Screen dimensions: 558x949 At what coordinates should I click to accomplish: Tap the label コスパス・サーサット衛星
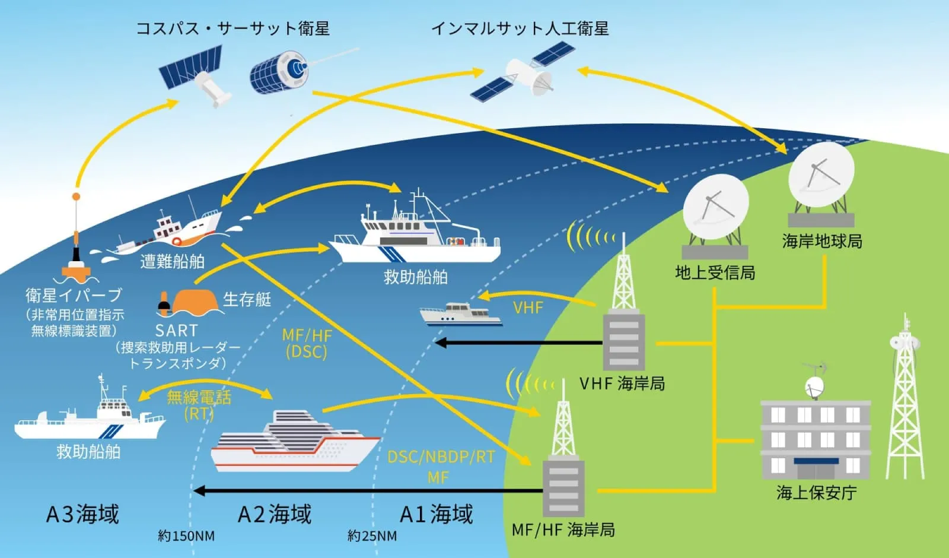233,28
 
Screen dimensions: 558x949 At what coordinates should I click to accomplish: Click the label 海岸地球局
821,241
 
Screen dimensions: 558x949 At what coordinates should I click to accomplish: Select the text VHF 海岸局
622,383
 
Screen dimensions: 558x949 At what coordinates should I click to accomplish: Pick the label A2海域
274,514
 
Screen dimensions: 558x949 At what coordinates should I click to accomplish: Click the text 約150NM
186,536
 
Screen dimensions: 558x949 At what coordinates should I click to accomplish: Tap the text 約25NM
372,536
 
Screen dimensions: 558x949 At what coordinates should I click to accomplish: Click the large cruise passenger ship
295,443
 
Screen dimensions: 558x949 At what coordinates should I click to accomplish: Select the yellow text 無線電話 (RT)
199,404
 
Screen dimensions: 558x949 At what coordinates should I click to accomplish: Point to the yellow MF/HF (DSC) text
307,343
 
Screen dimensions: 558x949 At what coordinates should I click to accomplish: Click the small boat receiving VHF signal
460,315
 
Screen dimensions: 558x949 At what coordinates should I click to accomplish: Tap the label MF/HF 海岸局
563,529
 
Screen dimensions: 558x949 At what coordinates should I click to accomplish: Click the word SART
176,330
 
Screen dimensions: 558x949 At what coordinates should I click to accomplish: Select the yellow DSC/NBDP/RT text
441,457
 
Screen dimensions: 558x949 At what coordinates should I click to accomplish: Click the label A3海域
82,514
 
